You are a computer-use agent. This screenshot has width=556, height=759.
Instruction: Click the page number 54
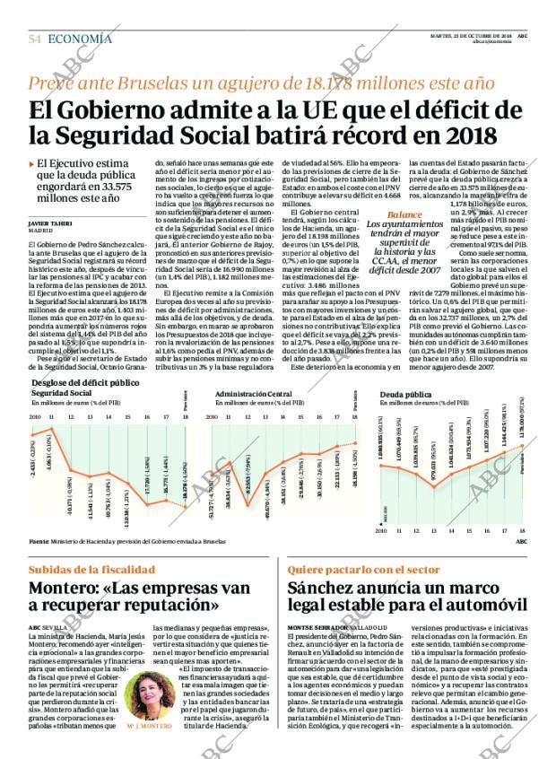[x=35, y=39]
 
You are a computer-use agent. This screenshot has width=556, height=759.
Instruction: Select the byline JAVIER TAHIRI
[x=51, y=222]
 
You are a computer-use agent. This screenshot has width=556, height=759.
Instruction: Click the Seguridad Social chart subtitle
[x=61, y=393]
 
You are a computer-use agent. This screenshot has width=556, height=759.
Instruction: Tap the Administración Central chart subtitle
[x=254, y=393]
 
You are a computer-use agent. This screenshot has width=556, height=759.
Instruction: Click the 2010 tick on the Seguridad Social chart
[x=35, y=416]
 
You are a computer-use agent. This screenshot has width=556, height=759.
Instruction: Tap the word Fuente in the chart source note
[x=39, y=541]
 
